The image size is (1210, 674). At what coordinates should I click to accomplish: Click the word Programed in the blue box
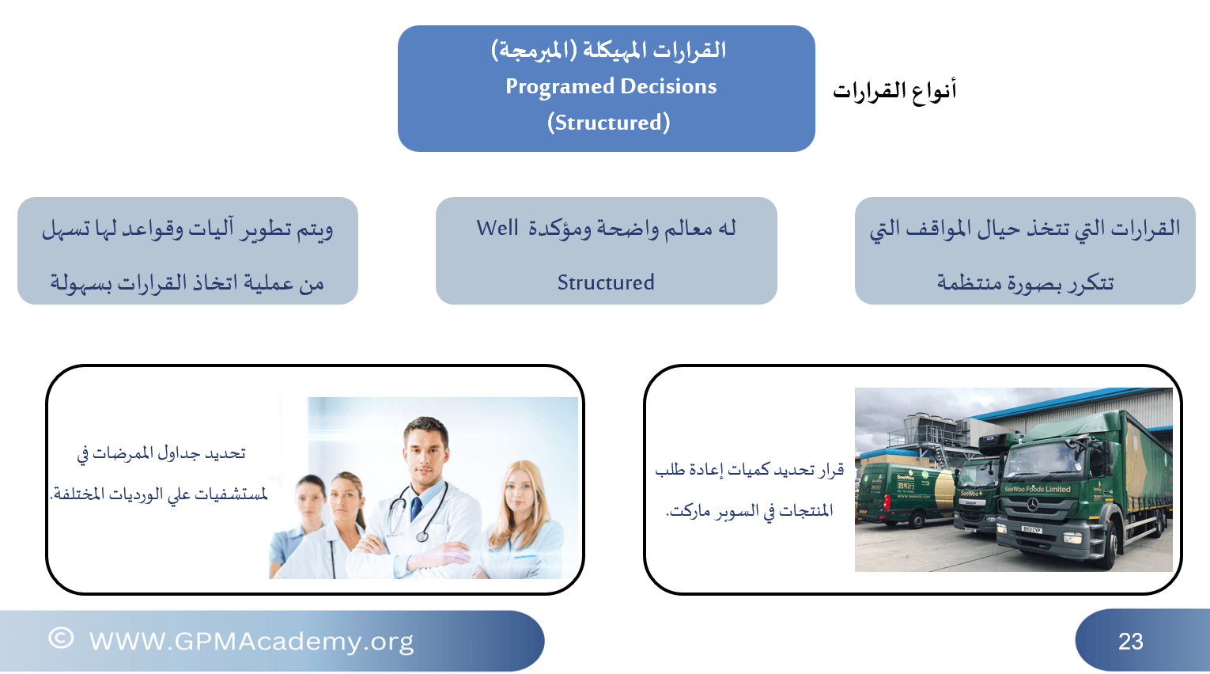pyautogui.click(x=559, y=87)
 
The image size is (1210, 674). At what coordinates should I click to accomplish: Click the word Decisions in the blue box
pyautogui.click(x=668, y=86)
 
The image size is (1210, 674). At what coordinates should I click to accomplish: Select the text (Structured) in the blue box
pyautogui.click(x=609, y=123)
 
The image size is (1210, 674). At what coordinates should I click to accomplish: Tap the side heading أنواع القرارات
pyautogui.click(x=894, y=90)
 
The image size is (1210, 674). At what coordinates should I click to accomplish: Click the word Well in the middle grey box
pyautogui.click(x=497, y=228)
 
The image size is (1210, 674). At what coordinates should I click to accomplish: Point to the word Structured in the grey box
pyautogui.click(x=606, y=282)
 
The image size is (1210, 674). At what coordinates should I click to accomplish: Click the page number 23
pyautogui.click(x=1131, y=642)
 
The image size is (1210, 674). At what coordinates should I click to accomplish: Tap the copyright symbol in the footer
pyautogui.click(x=61, y=638)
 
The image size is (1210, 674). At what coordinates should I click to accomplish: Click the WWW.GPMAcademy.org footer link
pyautogui.click(x=251, y=642)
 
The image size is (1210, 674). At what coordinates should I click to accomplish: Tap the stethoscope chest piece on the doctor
pyautogui.click(x=422, y=536)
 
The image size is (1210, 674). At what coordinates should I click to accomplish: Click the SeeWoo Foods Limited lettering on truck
pyautogui.click(x=1037, y=489)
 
